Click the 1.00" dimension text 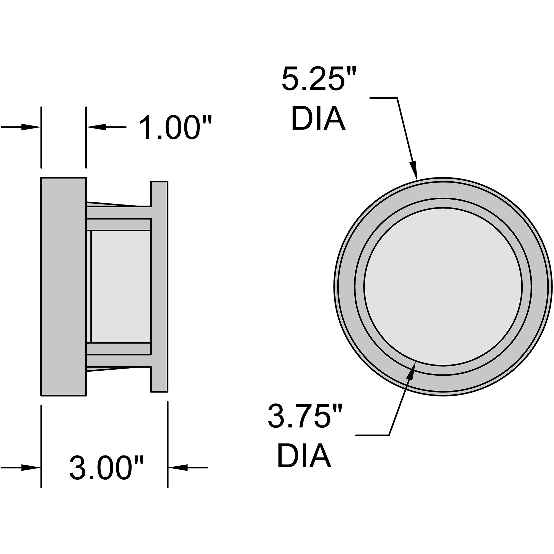tap(175, 127)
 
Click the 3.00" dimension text tap(107, 468)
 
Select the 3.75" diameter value tap(305, 416)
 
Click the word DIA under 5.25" tap(318, 118)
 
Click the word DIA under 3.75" tap(304, 456)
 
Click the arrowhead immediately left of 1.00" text tap(96, 127)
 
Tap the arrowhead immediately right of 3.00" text tap(178, 468)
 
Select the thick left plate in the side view tap(63, 287)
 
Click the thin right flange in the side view tap(160, 287)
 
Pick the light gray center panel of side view tap(120, 287)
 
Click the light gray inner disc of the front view tap(443, 287)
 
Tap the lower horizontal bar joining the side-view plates tap(118, 360)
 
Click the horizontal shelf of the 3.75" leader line tap(372, 435)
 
